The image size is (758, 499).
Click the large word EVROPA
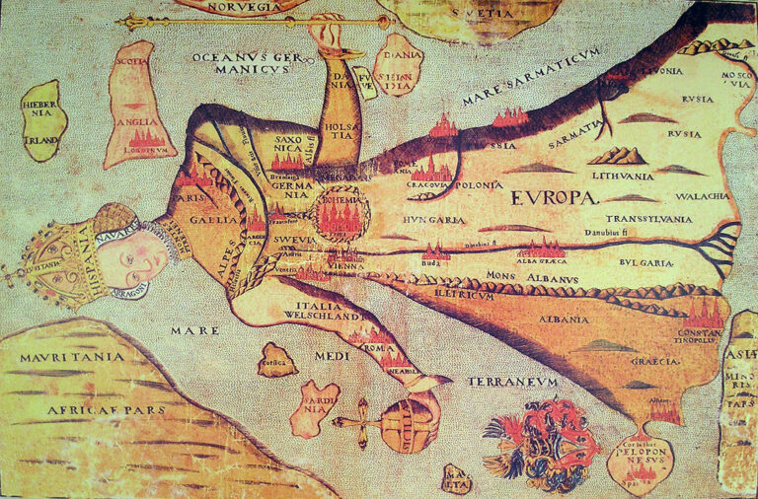(555, 197)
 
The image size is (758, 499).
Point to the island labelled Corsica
(278, 360)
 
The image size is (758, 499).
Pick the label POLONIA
(478, 184)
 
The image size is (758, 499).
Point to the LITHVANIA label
(622, 176)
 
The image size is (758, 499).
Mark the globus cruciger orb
(408, 423)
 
